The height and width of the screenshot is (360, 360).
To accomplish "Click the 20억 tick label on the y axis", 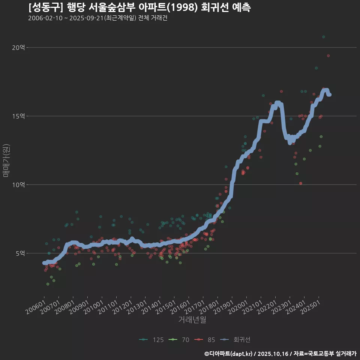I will pyautogui.click(x=18, y=48).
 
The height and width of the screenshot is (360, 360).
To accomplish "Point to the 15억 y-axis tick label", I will pyautogui.click(x=18, y=116).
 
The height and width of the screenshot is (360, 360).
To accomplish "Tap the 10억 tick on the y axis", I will pyautogui.click(x=18, y=185).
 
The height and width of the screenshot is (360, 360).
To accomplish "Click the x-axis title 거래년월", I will pyautogui.click(x=192, y=320).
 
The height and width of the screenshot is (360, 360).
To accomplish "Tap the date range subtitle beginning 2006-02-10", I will pyautogui.click(x=97, y=18).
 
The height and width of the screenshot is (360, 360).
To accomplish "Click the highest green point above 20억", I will pyautogui.click(x=323, y=37).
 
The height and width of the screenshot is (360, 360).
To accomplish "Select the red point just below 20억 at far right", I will pyautogui.click(x=328, y=55).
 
